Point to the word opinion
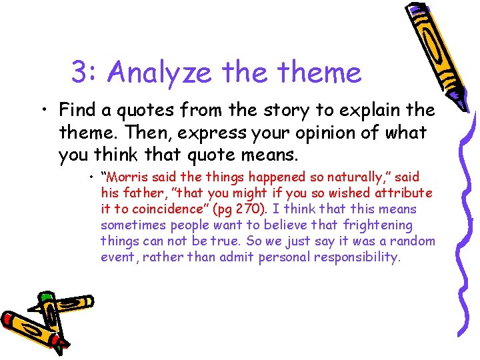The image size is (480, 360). [301, 133]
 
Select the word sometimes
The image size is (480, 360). [131, 225]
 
